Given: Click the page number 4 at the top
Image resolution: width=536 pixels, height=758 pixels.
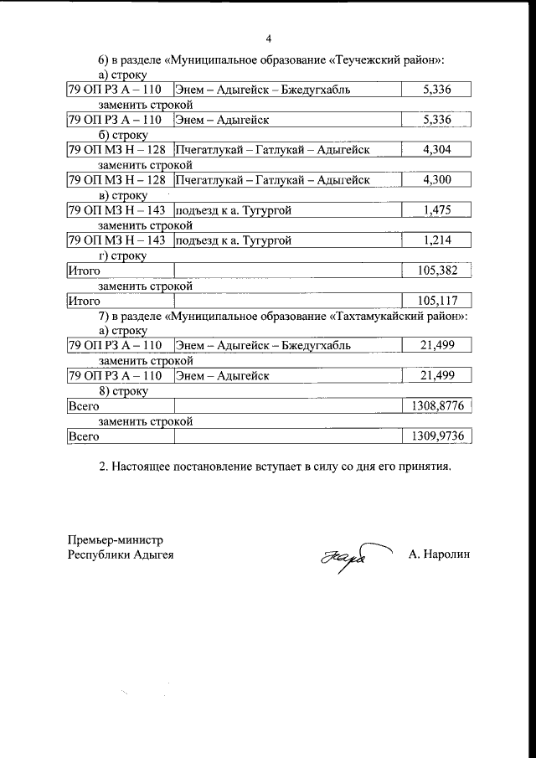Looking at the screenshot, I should tap(268, 39).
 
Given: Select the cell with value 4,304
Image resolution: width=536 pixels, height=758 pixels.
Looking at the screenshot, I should tap(436, 150).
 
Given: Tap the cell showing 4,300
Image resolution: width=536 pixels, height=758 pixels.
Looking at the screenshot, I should tap(436, 180).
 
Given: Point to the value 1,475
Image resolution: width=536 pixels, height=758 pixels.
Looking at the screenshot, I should tap(436, 210).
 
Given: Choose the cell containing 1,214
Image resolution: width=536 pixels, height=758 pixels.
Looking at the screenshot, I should tap(436, 241).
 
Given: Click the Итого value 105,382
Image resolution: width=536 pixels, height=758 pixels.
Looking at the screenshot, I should tap(436, 271).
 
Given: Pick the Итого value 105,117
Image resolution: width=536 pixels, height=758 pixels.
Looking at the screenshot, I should tap(436, 301).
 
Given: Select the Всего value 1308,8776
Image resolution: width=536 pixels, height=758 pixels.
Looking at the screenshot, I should tap(436, 406).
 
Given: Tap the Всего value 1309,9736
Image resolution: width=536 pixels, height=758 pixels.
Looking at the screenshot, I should tap(436, 436).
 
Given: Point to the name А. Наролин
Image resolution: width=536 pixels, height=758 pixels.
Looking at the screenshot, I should tap(441, 554).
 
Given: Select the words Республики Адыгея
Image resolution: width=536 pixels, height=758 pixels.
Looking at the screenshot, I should tap(121, 554).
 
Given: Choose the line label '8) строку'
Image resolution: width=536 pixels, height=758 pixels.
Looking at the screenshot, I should tap(123, 391).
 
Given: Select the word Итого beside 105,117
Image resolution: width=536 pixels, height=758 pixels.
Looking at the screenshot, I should tap(85, 301).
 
